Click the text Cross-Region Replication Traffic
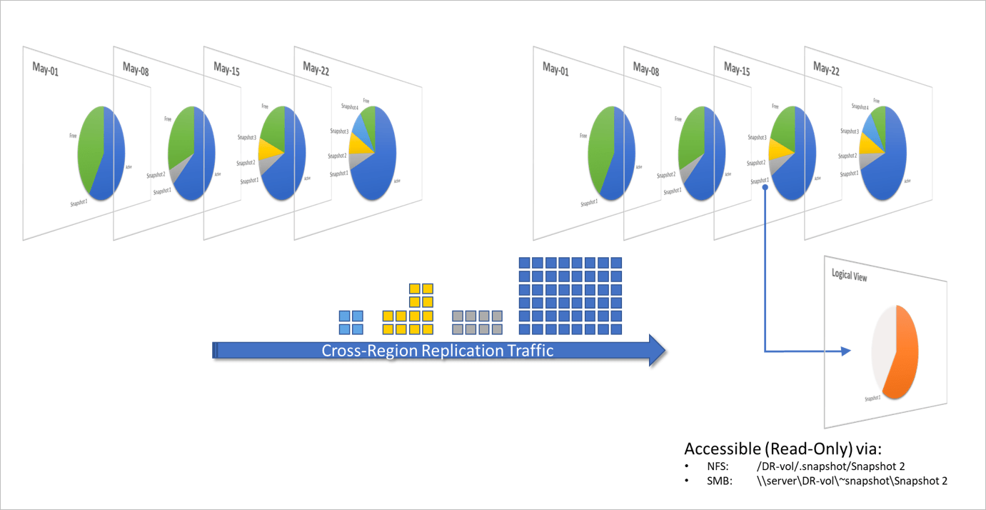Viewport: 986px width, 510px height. pos(437,351)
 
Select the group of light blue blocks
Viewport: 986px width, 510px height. pos(351,322)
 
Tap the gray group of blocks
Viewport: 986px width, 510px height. pos(478,322)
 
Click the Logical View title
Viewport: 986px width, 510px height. pos(849,275)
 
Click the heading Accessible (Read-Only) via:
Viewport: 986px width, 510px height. pos(783,449)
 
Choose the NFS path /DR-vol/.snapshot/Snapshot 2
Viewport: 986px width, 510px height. pos(830,466)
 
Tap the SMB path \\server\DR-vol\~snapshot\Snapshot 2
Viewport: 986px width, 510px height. pos(852,481)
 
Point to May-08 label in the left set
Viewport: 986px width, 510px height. pos(136,68)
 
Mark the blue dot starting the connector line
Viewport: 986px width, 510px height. pos(765,187)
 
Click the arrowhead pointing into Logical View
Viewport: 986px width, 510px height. pos(846,351)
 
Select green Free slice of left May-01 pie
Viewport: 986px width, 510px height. pos(91,146)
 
